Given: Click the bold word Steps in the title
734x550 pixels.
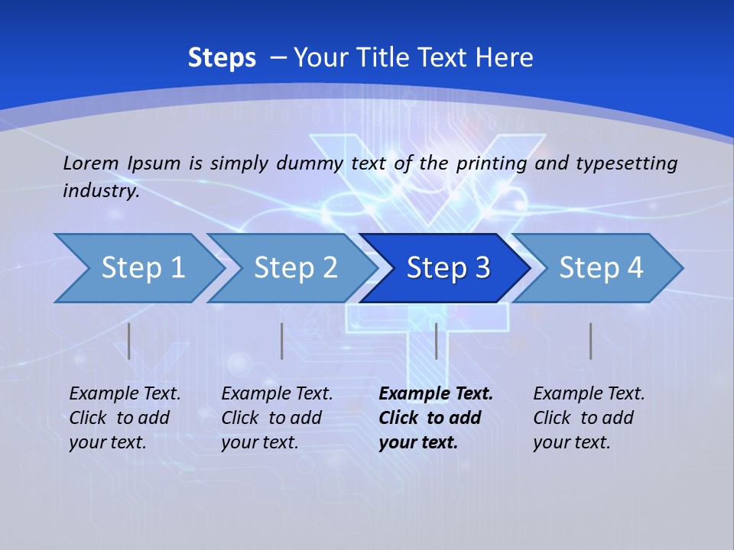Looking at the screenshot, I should tap(222, 58).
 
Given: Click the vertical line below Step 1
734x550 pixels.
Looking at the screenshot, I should tap(129, 341).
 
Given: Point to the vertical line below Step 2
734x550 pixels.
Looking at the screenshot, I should tap(282, 341).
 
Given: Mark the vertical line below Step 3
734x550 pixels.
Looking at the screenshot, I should tap(437, 341).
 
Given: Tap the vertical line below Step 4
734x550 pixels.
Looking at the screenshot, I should tap(591, 341).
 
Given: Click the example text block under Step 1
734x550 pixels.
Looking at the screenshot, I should tap(125, 418).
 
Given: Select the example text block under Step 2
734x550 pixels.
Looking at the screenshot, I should tap(277, 418).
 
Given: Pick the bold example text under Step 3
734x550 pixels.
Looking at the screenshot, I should tap(436, 418).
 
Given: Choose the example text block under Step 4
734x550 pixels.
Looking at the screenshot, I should tap(589, 418).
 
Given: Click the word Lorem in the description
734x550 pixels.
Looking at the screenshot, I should tap(90, 163).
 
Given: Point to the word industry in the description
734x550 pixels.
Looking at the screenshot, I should tap(101, 190).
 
